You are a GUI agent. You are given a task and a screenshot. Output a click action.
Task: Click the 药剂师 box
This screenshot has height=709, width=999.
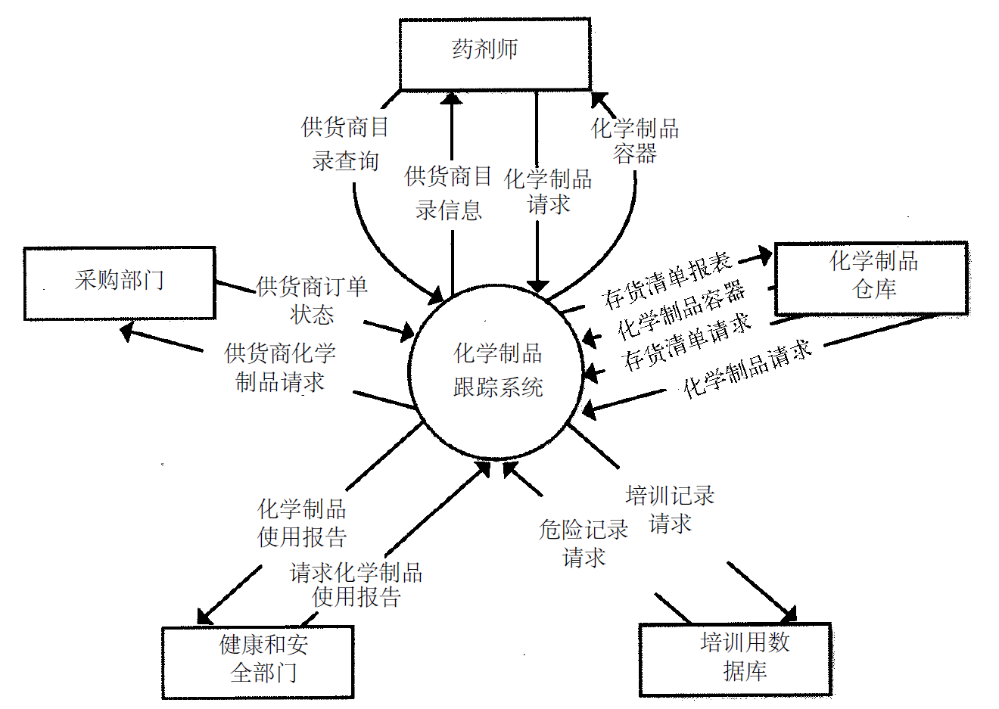[495, 54]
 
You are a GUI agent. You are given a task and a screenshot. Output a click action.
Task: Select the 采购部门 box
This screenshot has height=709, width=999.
[120, 282]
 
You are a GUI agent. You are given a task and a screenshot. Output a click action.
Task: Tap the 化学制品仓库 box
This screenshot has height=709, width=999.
[871, 278]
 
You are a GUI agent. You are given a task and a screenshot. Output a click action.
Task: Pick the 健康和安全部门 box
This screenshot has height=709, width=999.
[258, 661]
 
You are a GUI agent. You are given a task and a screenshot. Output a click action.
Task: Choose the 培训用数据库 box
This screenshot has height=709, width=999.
[736, 659]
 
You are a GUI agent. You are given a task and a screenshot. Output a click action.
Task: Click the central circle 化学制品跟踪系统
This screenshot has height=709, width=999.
[496, 371]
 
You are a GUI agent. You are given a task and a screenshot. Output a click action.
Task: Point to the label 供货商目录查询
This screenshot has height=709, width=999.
[345, 144]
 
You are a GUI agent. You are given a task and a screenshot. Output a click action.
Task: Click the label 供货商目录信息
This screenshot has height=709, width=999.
[448, 193]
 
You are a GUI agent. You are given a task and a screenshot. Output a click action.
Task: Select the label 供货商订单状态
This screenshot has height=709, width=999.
[312, 300]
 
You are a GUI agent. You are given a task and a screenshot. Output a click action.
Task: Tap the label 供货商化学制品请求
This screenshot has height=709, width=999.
[280, 368]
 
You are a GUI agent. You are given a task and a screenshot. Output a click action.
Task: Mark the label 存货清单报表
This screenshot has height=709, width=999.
[668, 280]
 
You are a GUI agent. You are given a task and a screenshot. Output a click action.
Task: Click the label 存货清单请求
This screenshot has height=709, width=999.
[687, 342]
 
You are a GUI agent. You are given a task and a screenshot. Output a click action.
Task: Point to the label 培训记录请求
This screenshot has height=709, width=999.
[670, 509]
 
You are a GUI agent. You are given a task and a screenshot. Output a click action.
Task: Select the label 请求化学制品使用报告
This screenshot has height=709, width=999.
[356, 584]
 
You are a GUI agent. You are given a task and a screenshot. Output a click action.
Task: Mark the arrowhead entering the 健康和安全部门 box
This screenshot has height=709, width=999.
[205, 616]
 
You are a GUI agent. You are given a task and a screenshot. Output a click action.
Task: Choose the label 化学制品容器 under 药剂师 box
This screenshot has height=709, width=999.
[634, 141]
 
